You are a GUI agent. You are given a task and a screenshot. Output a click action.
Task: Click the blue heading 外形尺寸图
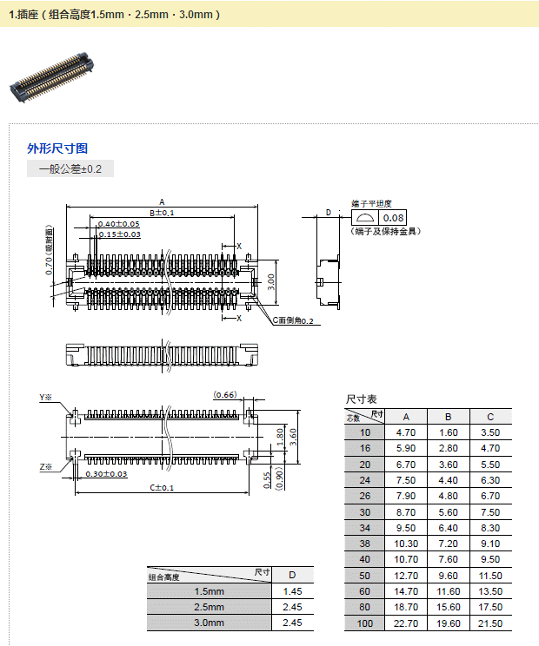[x=57, y=148]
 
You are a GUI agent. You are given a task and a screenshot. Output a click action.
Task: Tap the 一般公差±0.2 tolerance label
[x=70, y=169]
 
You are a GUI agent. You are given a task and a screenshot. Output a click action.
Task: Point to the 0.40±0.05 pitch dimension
[x=118, y=224]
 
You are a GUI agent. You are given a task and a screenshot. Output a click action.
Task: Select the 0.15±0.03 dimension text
[x=118, y=234]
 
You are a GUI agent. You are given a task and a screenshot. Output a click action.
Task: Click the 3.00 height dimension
[x=270, y=281]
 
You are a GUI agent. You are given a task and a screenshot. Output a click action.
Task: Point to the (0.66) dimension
[x=225, y=395]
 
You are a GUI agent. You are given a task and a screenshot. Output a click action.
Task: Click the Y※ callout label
[x=45, y=398]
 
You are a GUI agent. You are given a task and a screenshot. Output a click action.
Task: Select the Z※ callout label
[x=45, y=467]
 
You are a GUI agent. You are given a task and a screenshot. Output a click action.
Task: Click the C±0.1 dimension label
[x=162, y=488]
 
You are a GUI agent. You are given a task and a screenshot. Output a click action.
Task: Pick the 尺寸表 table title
[x=362, y=399]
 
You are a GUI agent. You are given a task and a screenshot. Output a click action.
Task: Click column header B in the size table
[x=448, y=416]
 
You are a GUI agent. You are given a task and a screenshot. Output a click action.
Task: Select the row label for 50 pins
[x=364, y=576]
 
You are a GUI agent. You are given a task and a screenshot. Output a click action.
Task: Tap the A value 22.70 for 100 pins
[x=405, y=623]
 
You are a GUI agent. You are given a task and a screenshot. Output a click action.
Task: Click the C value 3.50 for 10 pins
[x=490, y=432]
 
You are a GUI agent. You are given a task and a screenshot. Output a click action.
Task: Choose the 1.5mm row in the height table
[x=209, y=591]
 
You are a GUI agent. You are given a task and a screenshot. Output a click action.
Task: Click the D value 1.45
[x=292, y=591]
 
